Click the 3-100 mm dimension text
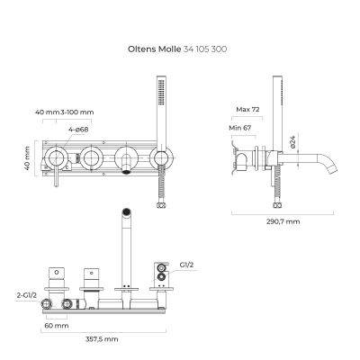76,113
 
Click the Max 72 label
248,110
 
